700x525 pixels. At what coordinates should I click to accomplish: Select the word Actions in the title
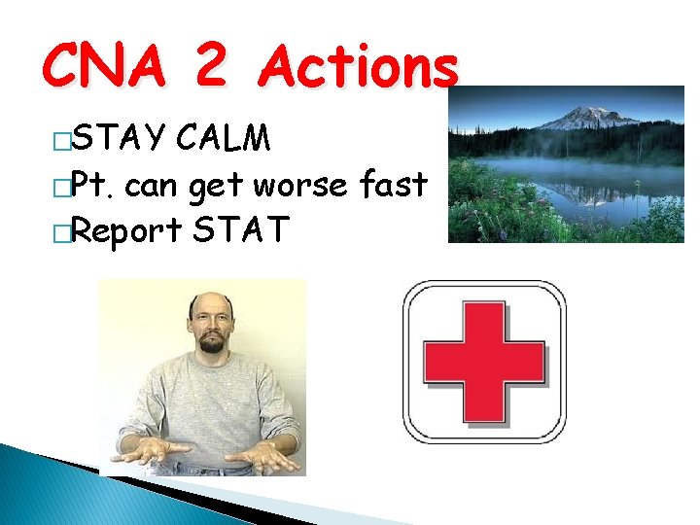tap(361, 67)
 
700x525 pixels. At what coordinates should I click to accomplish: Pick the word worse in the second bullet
tap(311, 184)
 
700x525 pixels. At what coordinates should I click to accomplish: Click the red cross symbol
tap(484, 361)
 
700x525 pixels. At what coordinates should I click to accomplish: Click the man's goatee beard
tap(211, 343)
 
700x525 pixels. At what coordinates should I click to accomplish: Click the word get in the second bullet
tap(215, 186)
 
